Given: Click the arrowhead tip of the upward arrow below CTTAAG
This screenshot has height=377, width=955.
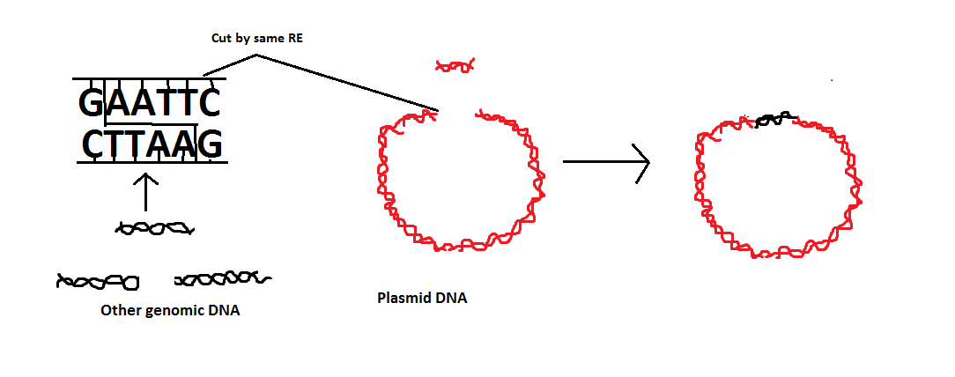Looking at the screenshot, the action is click(x=145, y=174).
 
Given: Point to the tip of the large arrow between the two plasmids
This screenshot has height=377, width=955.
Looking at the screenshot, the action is click(x=650, y=162).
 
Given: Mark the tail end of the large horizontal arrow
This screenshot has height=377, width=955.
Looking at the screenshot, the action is click(x=563, y=162).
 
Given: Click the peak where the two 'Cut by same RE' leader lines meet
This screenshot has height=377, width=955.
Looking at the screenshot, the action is click(x=256, y=55).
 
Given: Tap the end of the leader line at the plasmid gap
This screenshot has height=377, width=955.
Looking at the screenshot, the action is click(x=439, y=111).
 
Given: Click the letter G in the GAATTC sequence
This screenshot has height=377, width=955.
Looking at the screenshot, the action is click(x=92, y=104).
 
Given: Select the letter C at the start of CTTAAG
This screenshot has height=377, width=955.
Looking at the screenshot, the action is click(x=94, y=145).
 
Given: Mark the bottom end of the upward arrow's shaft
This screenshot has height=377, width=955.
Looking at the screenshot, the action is click(x=145, y=211).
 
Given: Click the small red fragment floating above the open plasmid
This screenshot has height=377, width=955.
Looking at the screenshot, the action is click(x=455, y=66).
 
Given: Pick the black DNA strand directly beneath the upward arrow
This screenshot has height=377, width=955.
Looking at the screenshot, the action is click(x=155, y=229).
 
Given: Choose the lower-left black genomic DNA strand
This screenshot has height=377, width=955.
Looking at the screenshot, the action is click(x=98, y=282).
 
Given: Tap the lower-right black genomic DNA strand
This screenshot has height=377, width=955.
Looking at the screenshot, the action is click(x=223, y=279).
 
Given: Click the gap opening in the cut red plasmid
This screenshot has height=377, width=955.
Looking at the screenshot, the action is click(x=456, y=114).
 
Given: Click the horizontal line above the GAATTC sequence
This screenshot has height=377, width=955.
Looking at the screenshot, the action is click(x=150, y=78).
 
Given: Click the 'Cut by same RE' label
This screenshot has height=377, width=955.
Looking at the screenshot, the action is click(x=257, y=39).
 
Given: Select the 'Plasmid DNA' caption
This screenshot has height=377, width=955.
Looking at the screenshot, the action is click(x=423, y=299).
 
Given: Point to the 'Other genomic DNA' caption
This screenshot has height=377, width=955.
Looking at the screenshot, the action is click(x=171, y=311).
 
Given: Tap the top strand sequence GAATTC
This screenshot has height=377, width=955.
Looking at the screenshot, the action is click(x=150, y=104).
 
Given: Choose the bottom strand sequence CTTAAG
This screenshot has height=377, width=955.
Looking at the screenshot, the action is click(x=152, y=145).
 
